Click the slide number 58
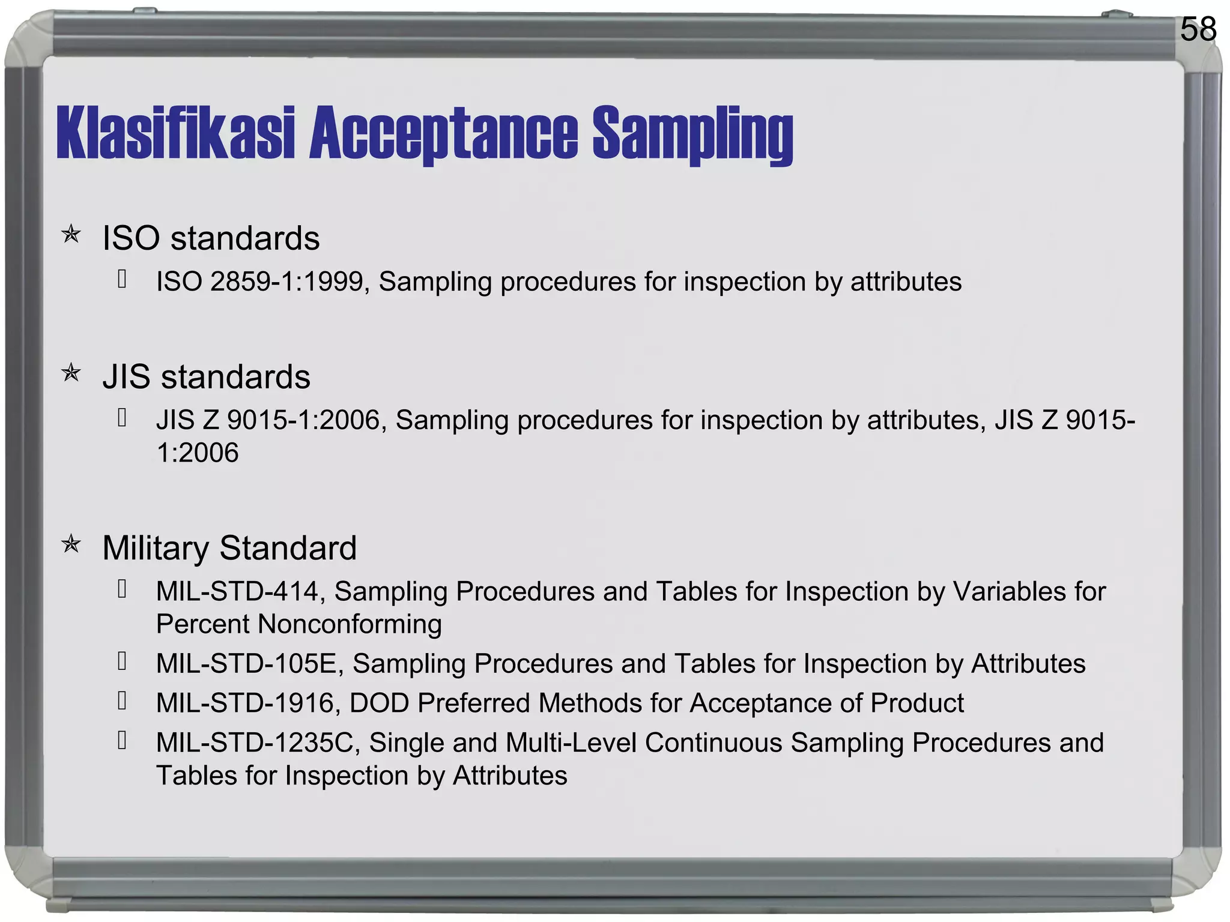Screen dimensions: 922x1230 tap(1198, 29)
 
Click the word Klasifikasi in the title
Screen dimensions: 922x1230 tap(175, 133)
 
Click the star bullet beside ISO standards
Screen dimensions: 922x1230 tap(71, 234)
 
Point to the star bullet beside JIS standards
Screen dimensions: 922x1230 tap(71, 373)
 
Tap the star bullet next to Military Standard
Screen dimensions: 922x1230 tap(71, 544)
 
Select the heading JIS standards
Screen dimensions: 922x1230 tap(206, 377)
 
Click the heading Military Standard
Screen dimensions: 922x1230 tap(229, 548)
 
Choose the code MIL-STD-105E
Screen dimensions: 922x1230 tap(249, 664)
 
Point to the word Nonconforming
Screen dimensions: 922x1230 tap(350, 624)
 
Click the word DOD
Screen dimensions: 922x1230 tap(379, 703)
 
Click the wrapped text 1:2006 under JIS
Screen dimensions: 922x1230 tap(197, 453)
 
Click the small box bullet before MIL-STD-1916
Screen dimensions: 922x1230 tap(122, 700)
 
